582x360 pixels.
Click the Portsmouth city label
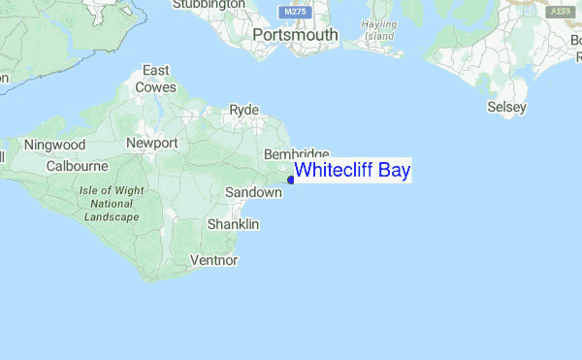point(295,35)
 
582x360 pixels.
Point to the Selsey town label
point(506,105)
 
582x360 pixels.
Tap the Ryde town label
point(243,110)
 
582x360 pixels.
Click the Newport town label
point(152,143)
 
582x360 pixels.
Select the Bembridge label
point(297,155)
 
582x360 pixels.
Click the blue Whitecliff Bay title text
point(353,172)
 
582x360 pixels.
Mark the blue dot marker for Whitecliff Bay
point(291,180)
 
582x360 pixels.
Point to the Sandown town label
point(253,193)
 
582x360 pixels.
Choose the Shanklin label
point(233,224)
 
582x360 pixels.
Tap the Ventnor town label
point(214,259)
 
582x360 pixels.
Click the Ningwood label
point(55,145)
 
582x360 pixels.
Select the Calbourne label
point(78,166)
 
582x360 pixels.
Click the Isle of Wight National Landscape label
point(112,203)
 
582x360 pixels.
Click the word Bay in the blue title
point(395,172)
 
